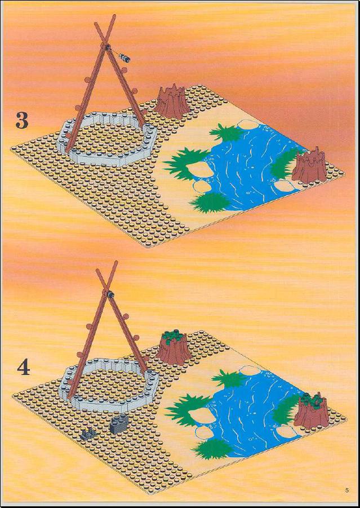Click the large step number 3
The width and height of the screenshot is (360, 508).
[22, 121]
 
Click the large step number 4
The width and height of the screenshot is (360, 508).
[23, 368]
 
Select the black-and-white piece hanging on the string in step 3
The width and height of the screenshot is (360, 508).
[125, 58]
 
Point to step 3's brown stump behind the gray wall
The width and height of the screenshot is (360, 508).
[172, 101]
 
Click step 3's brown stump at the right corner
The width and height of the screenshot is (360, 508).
[309, 165]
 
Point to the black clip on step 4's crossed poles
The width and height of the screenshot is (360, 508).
[110, 294]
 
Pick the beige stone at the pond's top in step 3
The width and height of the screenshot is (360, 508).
[248, 124]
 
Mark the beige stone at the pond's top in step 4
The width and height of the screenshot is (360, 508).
[250, 370]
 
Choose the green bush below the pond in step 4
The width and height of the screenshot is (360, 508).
[212, 449]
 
